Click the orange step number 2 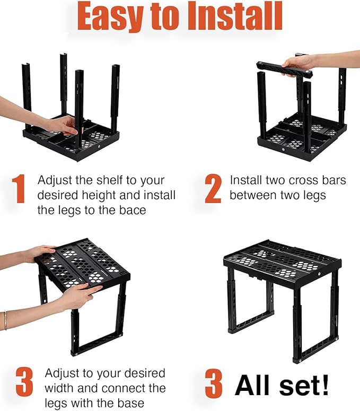pyautogui.click(x=213, y=189)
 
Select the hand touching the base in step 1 pyautogui.click(x=63, y=125)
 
